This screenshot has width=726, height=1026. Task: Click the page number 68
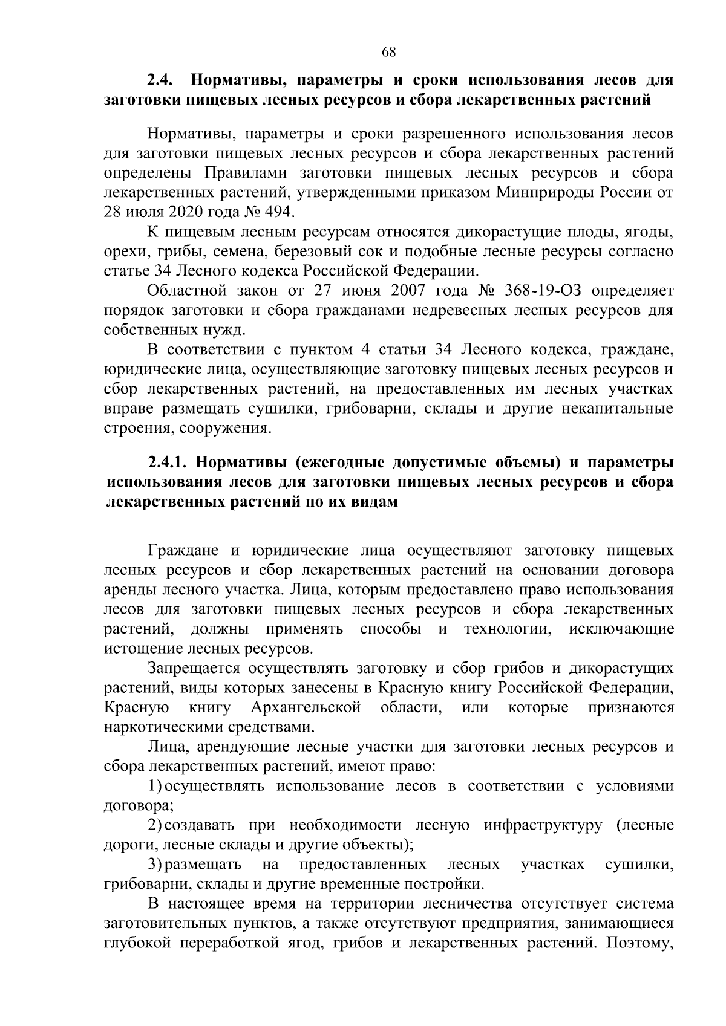tap(388, 52)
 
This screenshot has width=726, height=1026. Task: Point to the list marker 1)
tap(155, 786)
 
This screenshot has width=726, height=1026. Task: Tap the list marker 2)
tap(155, 825)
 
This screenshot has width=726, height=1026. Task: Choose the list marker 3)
tap(155, 865)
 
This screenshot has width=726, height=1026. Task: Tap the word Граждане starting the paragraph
tap(183, 551)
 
